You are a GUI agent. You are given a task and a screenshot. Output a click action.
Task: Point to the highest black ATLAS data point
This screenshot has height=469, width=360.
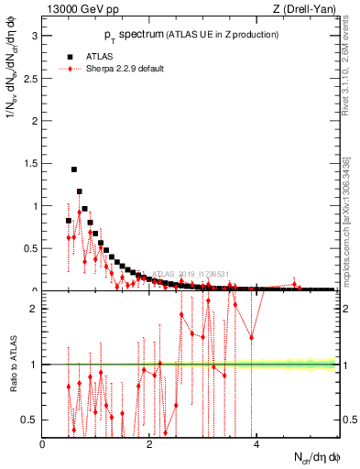74,169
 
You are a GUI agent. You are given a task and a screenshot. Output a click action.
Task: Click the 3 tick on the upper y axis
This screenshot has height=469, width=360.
37,36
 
